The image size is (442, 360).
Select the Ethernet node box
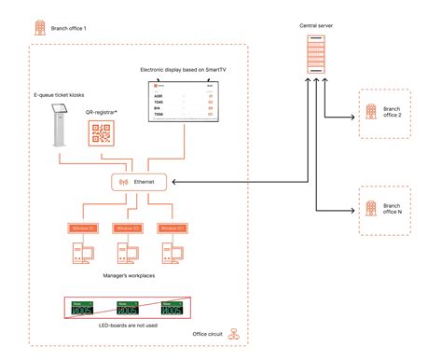point(139,182)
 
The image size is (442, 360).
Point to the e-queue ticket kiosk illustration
point(58,125)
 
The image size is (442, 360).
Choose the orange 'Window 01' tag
point(77,228)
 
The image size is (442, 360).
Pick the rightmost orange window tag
point(173,228)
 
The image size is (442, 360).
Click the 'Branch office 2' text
point(392,114)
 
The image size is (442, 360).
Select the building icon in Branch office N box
point(369,206)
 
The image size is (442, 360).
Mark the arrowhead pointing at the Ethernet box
point(174,182)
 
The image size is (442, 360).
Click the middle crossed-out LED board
point(126,309)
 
